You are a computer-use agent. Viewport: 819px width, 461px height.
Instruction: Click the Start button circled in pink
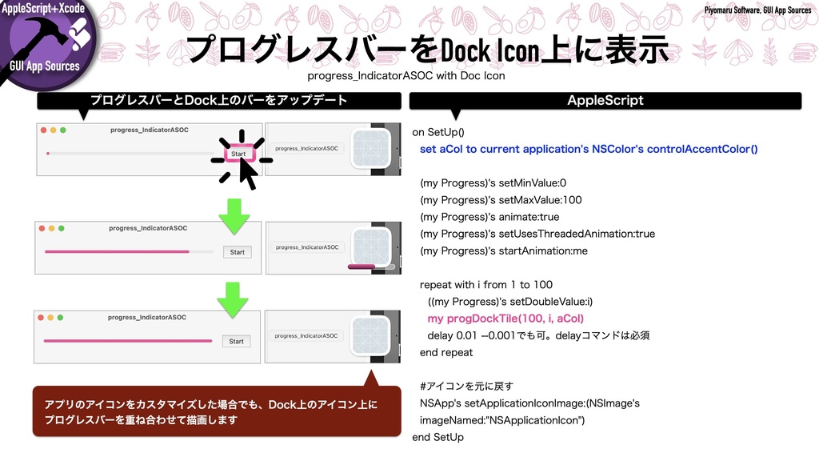[x=238, y=153]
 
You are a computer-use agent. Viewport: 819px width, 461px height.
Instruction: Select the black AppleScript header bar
[x=605, y=101]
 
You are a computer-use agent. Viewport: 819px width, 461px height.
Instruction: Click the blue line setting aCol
[x=588, y=149]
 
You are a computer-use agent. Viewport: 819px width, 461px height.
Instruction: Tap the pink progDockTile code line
[x=505, y=318]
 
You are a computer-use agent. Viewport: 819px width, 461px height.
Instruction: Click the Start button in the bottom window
[x=236, y=341]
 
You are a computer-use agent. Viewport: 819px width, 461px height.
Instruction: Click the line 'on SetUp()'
[x=437, y=132]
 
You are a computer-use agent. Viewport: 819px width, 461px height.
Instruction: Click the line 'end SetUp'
[x=437, y=437]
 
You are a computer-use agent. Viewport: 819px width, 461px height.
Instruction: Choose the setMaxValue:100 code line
[x=501, y=200]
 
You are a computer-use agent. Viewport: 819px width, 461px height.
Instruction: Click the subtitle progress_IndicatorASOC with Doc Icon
[x=406, y=76]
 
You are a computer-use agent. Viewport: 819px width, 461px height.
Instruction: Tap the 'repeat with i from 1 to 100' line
[x=485, y=284]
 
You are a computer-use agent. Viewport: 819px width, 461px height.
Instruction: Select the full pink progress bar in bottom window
[x=128, y=342]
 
